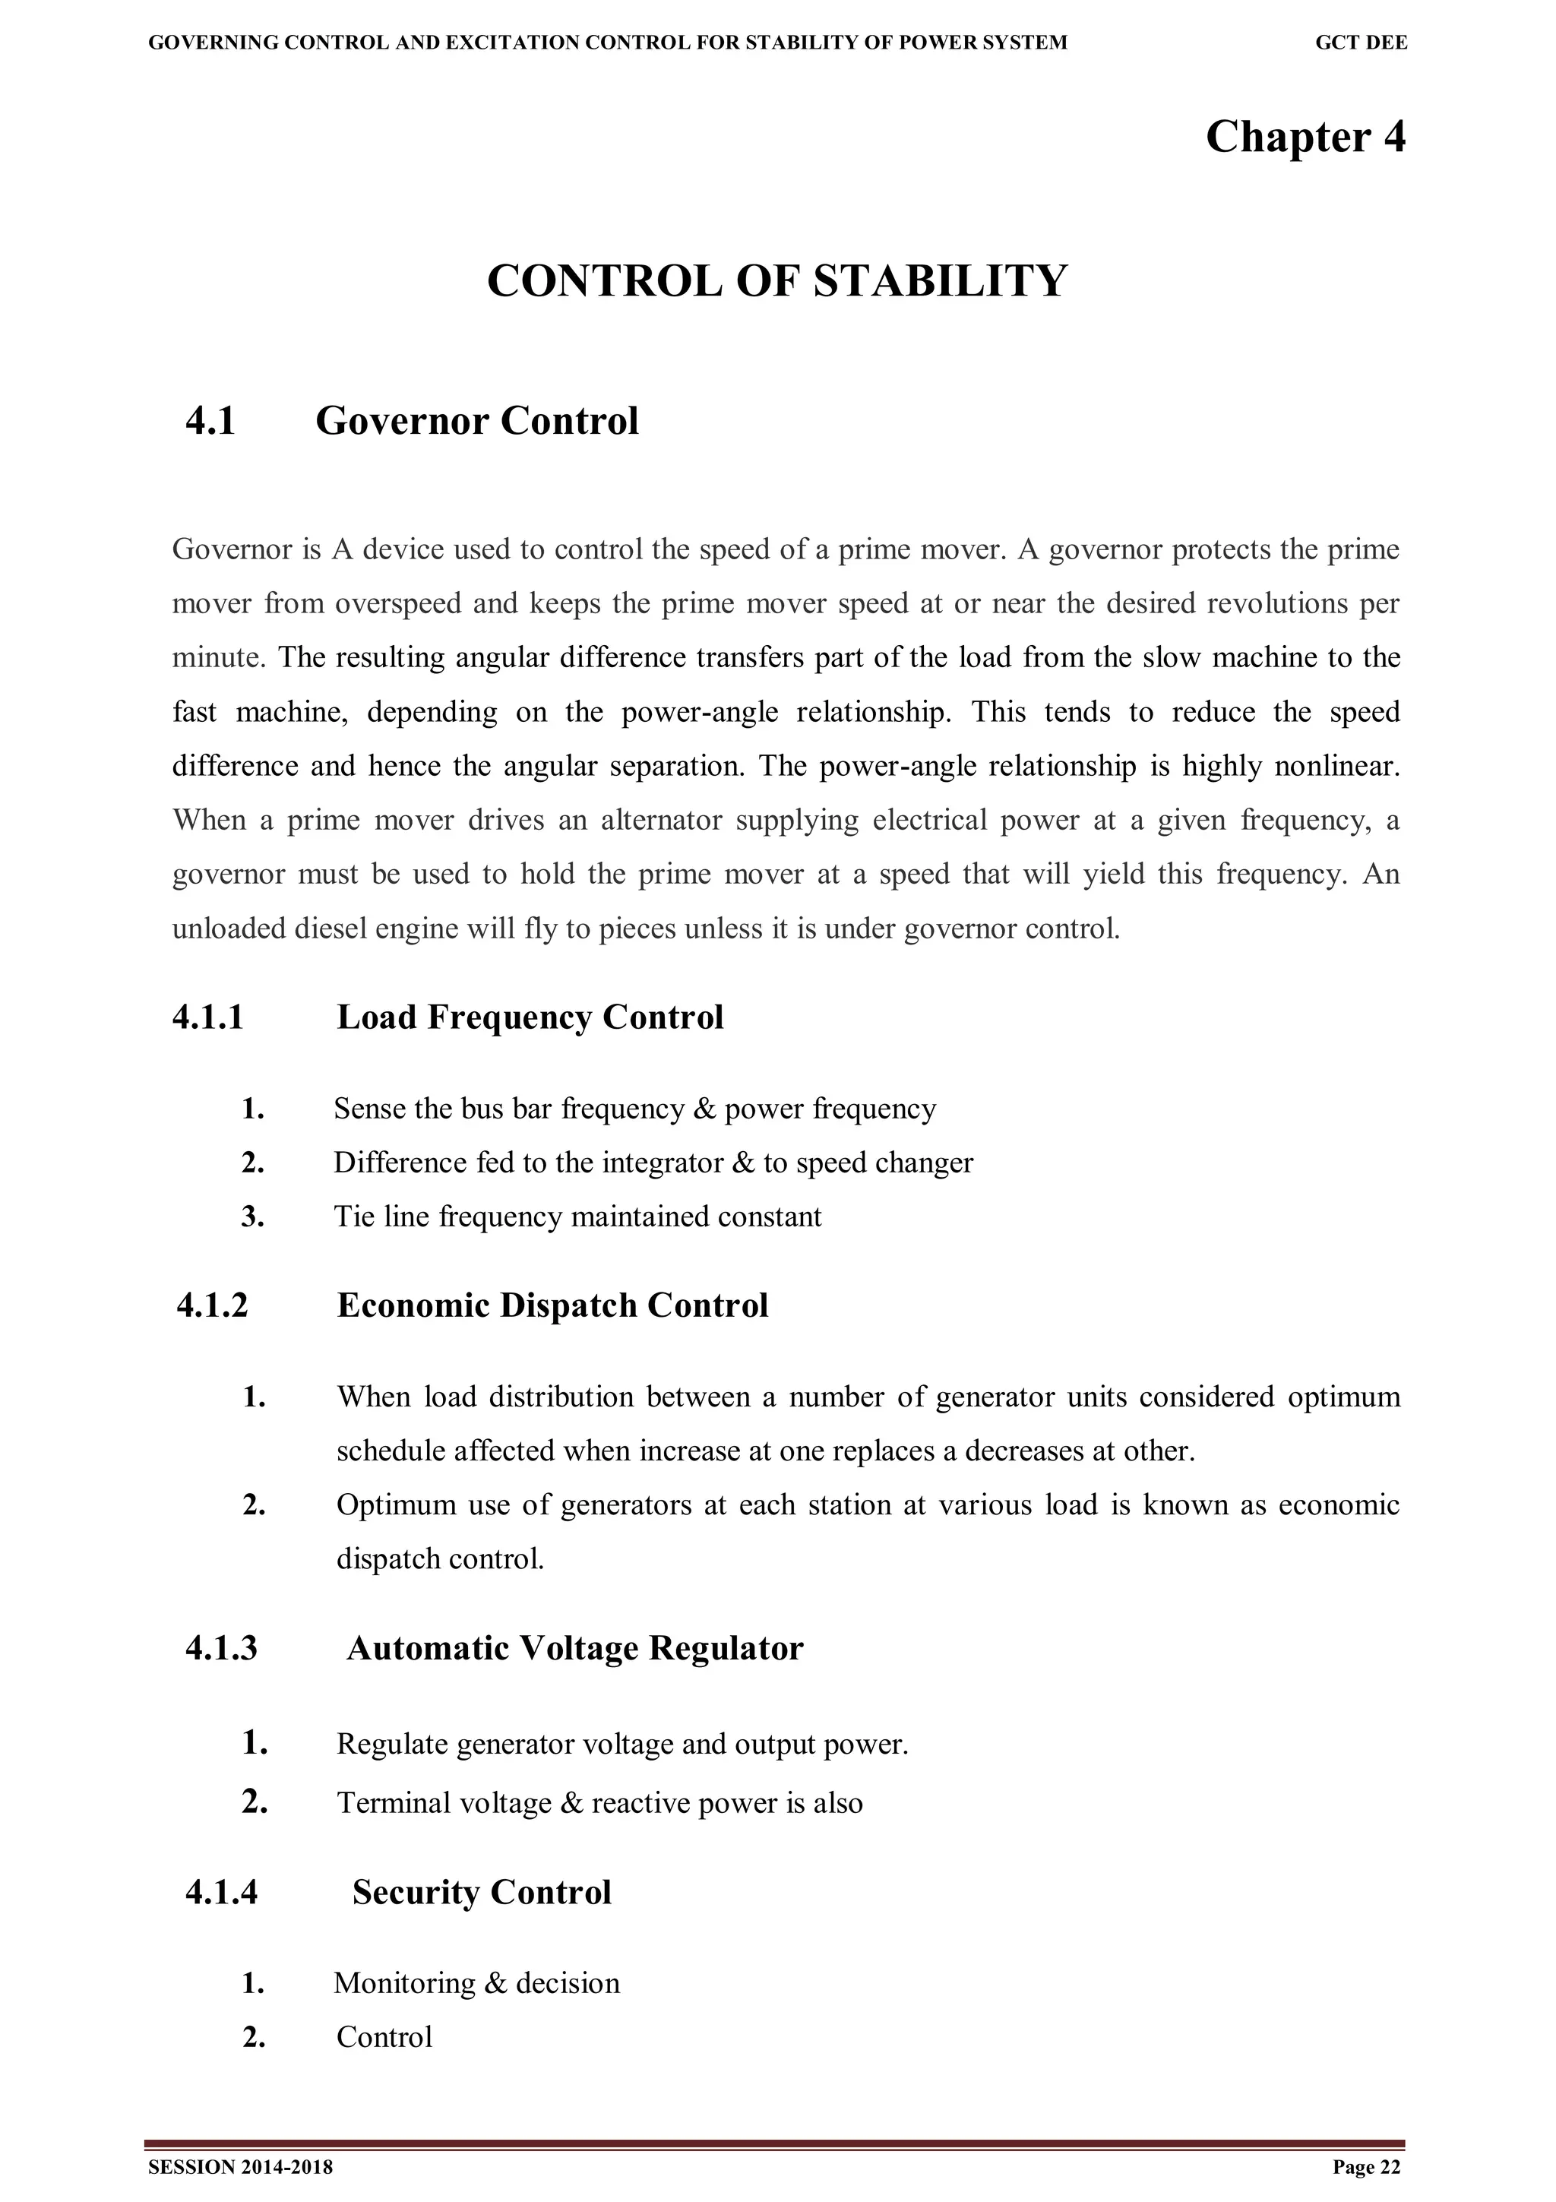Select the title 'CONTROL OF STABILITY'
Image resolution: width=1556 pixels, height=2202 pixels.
[x=776, y=281]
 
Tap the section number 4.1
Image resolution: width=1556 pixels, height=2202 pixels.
[x=211, y=421]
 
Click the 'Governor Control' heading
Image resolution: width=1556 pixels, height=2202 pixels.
[x=476, y=421]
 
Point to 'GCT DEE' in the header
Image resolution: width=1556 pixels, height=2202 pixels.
[x=1361, y=43]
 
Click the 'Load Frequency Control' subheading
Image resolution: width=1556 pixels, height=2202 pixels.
[x=530, y=1017]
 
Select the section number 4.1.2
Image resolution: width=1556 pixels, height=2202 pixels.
[x=212, y=1305]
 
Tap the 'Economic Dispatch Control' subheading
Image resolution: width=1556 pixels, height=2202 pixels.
[x=552, y=1305]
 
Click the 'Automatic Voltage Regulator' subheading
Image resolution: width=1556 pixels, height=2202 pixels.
[x=574, y=1647]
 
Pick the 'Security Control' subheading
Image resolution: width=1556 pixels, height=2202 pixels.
[x=481, y=1892]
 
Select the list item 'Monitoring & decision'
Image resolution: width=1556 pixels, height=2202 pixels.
[x=476, y=1982]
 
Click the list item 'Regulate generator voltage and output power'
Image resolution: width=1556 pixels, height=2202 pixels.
[x=621, y=1745]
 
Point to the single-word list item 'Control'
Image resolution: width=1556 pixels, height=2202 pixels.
[x=384, y=2037]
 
